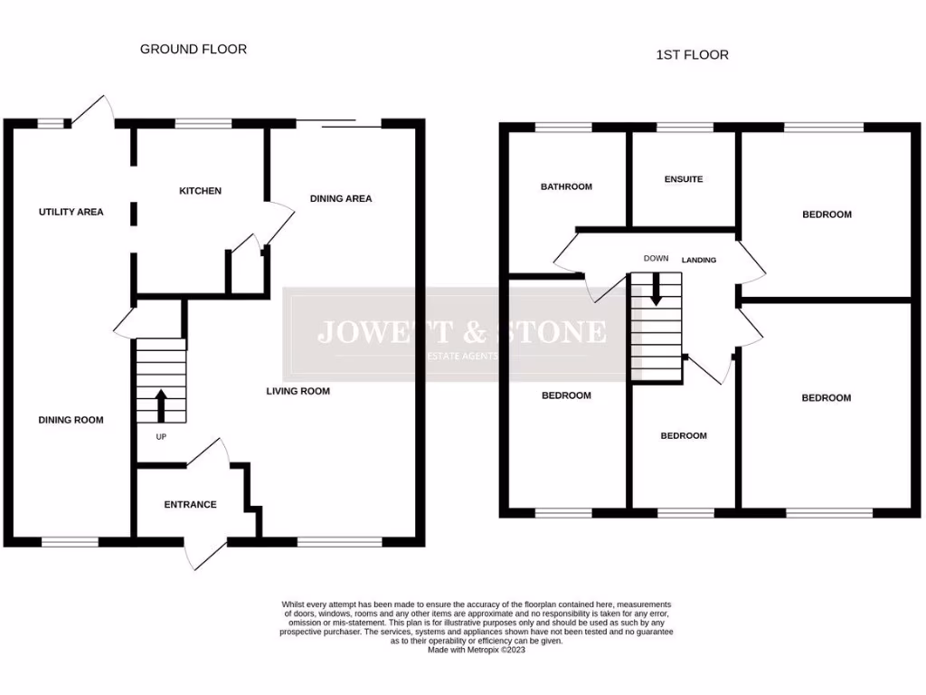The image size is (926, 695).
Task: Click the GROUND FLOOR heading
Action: point(193,49)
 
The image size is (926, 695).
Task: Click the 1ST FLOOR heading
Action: point(692,55)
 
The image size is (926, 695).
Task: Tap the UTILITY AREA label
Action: point(71,212)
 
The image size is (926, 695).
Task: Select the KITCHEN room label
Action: point(200,191)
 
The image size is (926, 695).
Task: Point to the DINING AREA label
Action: point(341,198)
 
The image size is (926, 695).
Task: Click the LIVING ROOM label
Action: point(298,391)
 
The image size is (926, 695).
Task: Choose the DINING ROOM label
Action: point(71,420)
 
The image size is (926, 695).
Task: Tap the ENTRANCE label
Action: point(190,504)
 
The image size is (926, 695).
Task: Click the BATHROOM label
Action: point(566,186)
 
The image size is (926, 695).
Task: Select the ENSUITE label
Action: point(683,179)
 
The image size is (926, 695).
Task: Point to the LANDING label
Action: point(699,260)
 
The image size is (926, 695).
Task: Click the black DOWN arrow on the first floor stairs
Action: point(656,288)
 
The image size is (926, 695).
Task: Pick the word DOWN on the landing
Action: point(656,258)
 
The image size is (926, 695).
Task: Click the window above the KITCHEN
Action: point(203,124)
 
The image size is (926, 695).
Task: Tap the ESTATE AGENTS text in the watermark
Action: point(462,356)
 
